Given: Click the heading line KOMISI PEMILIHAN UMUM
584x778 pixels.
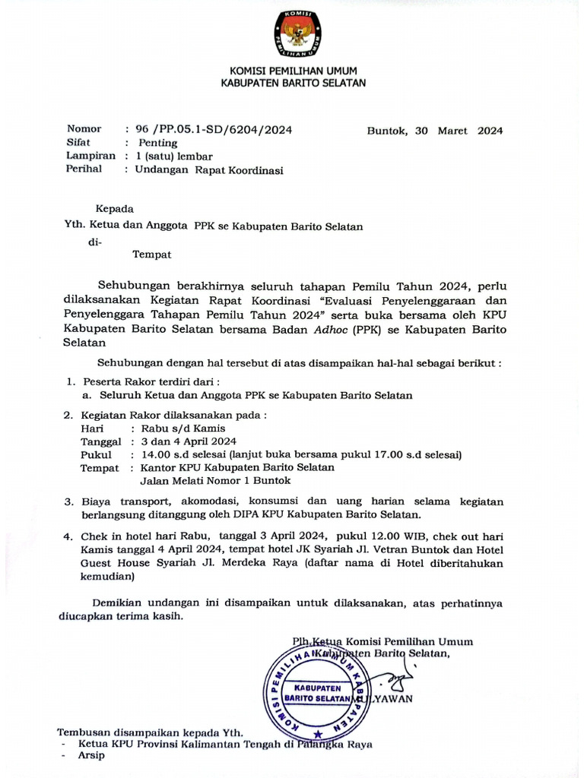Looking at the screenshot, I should click(293, 71).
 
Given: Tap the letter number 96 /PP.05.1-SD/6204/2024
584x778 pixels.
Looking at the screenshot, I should click(213, 130).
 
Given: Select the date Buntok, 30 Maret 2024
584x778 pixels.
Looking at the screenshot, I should click(434, 130).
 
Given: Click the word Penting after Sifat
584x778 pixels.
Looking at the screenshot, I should click(157, 143).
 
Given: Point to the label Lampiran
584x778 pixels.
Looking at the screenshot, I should click(91, 156).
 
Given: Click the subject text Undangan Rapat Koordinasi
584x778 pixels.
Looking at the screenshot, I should click(209, 170).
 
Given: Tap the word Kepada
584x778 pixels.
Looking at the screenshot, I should click(114, 208).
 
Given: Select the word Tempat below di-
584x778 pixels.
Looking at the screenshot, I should click(152, 255).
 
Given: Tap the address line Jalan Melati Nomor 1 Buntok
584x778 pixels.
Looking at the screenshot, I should click(215, 480).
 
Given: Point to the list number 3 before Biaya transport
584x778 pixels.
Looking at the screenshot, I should click(68, 502).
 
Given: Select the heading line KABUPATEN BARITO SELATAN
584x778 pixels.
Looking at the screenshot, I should click(293, 83).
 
